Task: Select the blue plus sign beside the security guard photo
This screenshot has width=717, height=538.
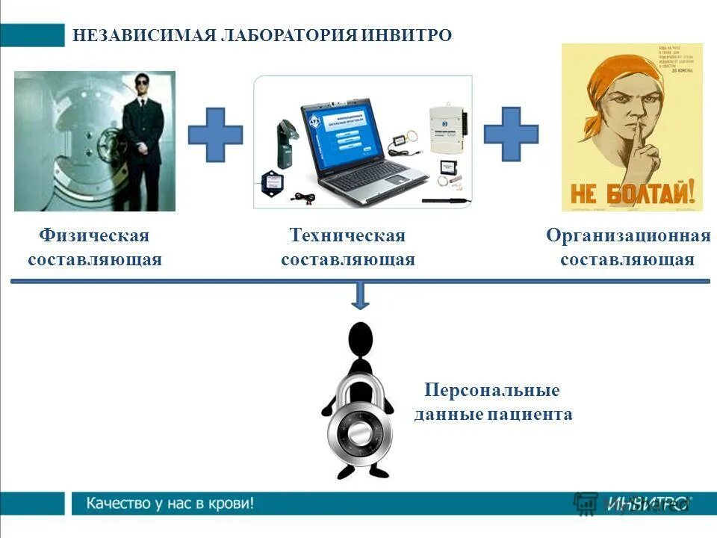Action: tap(215, 134)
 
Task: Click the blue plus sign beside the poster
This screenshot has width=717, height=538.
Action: tap(511, 134)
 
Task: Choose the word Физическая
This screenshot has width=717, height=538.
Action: tap(94, 236)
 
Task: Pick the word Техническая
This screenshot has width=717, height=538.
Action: tap(347, 236)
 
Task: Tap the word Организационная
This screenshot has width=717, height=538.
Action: tap(627, 236)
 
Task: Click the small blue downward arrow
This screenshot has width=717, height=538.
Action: tap(361, 296)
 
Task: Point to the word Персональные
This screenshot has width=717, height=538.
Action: tap(491, 391)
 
